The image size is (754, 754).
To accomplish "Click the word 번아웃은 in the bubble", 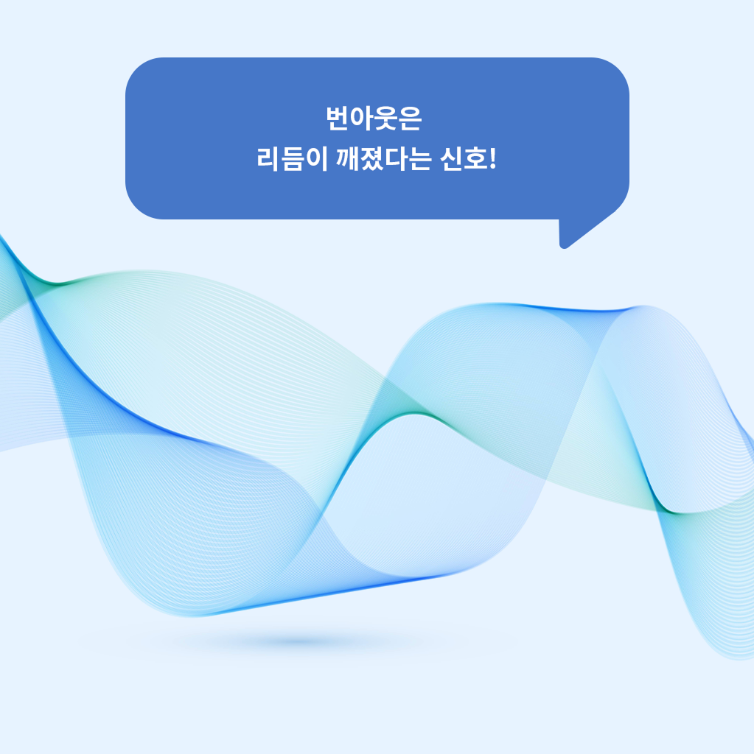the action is click(x=374, y=119).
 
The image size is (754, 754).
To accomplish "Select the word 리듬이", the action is click(x=292, y=159).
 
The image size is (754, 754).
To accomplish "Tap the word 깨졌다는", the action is click(x=383, y=159).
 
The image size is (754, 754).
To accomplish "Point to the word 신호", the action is click(x=463, y=159).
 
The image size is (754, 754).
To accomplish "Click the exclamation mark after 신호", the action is click(x=492, y=159).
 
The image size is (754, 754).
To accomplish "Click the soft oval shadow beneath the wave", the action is click(x=299, y=641).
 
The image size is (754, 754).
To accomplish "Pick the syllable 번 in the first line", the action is click(x=338, y=119).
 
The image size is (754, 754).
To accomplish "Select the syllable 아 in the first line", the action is click(x=362, y=119).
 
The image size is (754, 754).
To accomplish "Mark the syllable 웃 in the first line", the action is click(x=385, y=119).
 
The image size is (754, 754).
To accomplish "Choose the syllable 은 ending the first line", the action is click(x=411, y=119).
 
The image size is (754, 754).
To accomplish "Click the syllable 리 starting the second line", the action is click(x=268, y=159).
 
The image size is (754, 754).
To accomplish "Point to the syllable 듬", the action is click(x=293, y=159).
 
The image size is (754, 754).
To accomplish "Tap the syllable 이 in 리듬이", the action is click(x=316, y=159).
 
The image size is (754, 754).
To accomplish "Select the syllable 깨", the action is click(x=347, y=159).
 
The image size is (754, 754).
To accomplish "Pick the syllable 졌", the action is click(x=371, y=159).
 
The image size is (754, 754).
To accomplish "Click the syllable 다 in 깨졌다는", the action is click(x=395, y=159).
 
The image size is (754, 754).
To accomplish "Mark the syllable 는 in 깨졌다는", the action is click(x=419, y=159).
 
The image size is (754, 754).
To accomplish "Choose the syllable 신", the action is click(x=451, y=159).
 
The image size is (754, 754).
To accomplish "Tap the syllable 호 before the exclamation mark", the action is click(x=475, y=159).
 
